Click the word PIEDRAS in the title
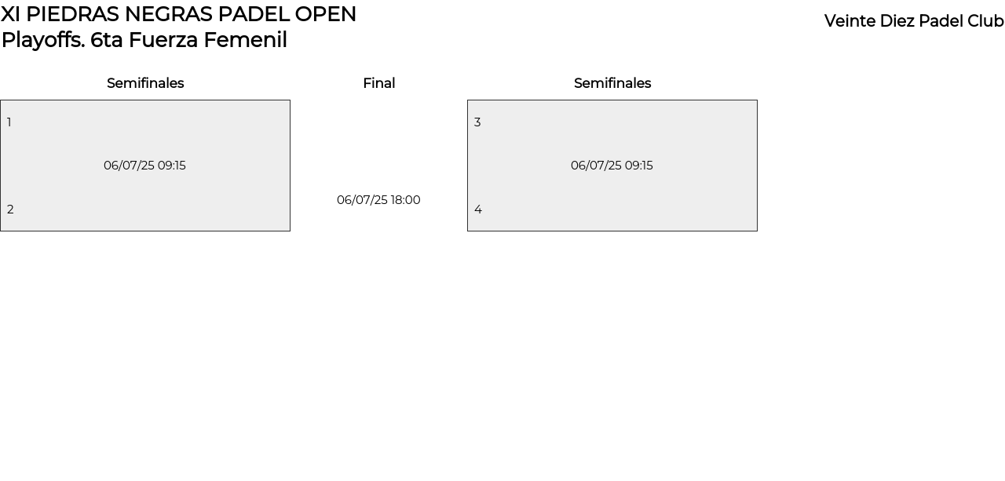[x=72, y=14]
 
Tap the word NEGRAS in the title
[x=168, y=14]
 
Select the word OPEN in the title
[x=325, y=14]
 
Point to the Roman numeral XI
[x=10, y=14]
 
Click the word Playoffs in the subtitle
[x=43, y=40]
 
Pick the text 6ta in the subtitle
[x=106, y=40]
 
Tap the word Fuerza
[x=163, y=40]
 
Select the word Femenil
[x=246, y=40]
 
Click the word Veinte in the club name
[x=850, y=21]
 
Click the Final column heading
[x=379, y=83]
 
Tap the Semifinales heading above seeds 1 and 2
[x=145, y=83]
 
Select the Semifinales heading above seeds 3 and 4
[x=612, y=83]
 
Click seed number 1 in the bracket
[x=9, y=122]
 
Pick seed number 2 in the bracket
[x=10, y=210]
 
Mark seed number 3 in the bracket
[x=477, y=122]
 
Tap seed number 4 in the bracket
[x=478, y=210]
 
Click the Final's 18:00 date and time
[x=378, y=200]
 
